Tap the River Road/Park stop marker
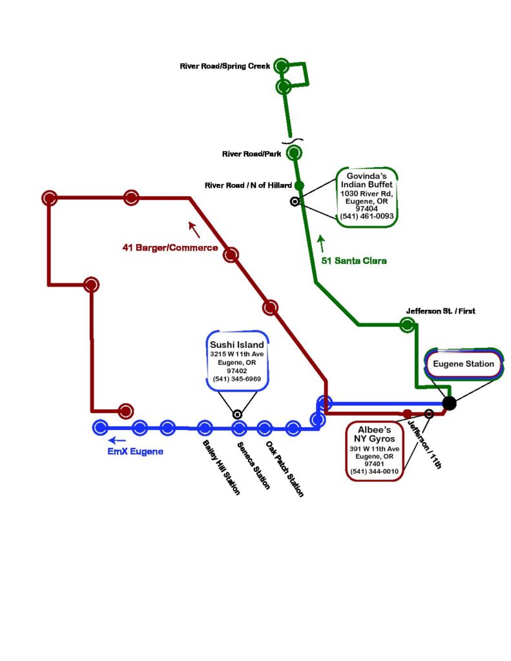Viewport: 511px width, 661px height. (x=294, y=153)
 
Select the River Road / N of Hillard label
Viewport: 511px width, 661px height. (x=248, y=185)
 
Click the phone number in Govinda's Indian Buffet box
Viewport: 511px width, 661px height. (x=366, y=217)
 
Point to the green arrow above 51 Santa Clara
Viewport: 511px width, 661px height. (x=321, y=243)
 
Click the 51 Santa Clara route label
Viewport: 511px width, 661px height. (x=354, y=261)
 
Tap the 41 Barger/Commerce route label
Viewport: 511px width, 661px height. (x=170, y=247)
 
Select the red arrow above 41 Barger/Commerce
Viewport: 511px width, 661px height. (x=194, y=228)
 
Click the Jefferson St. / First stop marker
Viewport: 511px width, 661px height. (x=407, y=325)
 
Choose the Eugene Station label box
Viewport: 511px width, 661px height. (x=463, y=364)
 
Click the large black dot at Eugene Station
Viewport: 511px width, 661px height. (x=450, y=403)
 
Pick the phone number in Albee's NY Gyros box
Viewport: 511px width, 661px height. (x=374, y=472)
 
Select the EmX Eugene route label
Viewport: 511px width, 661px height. (x=135, y=452)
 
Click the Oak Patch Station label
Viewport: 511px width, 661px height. (x=284, y=468)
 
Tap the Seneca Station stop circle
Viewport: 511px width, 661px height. (x=239, y=427)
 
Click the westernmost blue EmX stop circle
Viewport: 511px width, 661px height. (x=100, y=427)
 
